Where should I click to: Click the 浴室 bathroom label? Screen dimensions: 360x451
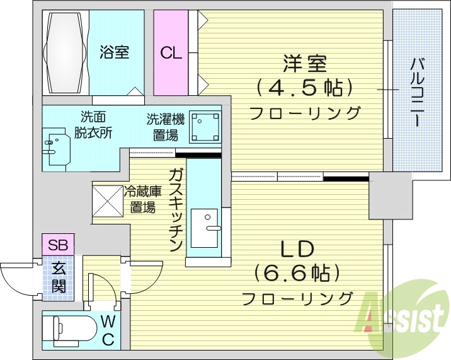pyautogui.click(x=114, y=52)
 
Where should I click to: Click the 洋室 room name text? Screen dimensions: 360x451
pyautogui.click(x=304, y=64)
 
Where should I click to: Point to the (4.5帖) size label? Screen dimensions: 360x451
pyautogui.click(x=304, y=88)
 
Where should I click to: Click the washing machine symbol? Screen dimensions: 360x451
pyautogui.click(x=205, y=128)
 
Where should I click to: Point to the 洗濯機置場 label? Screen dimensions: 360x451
pyautogui.click(x=165, y=126)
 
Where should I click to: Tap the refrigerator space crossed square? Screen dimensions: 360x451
pyautogui.click(x=110, y=201)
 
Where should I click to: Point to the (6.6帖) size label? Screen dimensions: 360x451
pyautogui.click(x=297, y=273)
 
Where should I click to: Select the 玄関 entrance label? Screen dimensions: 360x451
pyautogui.click(x=59, y=277)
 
